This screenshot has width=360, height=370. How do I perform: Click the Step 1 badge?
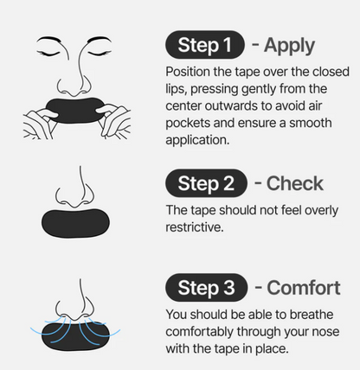[205, 45]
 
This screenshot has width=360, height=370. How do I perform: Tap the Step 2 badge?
[206, 183]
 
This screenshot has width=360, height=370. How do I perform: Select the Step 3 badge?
[206, 288]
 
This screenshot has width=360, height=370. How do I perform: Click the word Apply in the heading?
[289, 46]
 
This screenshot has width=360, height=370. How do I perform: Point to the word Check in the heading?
[294, 183]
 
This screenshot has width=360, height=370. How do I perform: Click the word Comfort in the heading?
[304, 288]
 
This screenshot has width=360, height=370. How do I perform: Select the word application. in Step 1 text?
[197, 140]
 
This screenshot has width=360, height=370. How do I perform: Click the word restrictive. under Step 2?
[195, 227]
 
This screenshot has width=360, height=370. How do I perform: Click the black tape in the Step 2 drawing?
[75, 223]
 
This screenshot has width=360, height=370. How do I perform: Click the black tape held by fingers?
[75, 111]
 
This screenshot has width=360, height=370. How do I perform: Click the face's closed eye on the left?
[48, 53]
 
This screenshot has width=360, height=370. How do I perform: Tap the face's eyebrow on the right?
[100, 40]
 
